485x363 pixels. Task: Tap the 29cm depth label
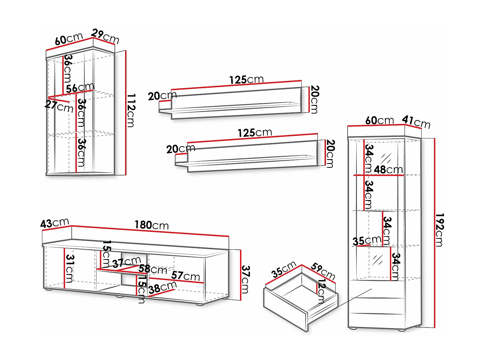tap(105, 36)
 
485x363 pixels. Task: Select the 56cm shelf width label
tap(80, 88)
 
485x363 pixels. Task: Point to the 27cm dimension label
tap(59, 106)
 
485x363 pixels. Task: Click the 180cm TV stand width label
tap(152, 225)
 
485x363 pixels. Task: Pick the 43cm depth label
tap(55, 223)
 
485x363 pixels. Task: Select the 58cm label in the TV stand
tap(153, 269)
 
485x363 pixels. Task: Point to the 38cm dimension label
tap(163, 287)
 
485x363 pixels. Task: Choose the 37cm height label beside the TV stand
tap(245, 279)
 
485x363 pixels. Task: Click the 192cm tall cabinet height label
tap(440, 230)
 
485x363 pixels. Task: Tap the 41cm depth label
tap(416, 122)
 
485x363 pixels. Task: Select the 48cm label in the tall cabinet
tap(388, 169)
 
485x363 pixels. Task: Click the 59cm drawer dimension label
tap(323, 271)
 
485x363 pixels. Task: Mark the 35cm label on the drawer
tap(284, 269)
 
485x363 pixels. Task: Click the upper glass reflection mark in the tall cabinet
tap(386, 158)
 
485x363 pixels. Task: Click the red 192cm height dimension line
tap(435, 233)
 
